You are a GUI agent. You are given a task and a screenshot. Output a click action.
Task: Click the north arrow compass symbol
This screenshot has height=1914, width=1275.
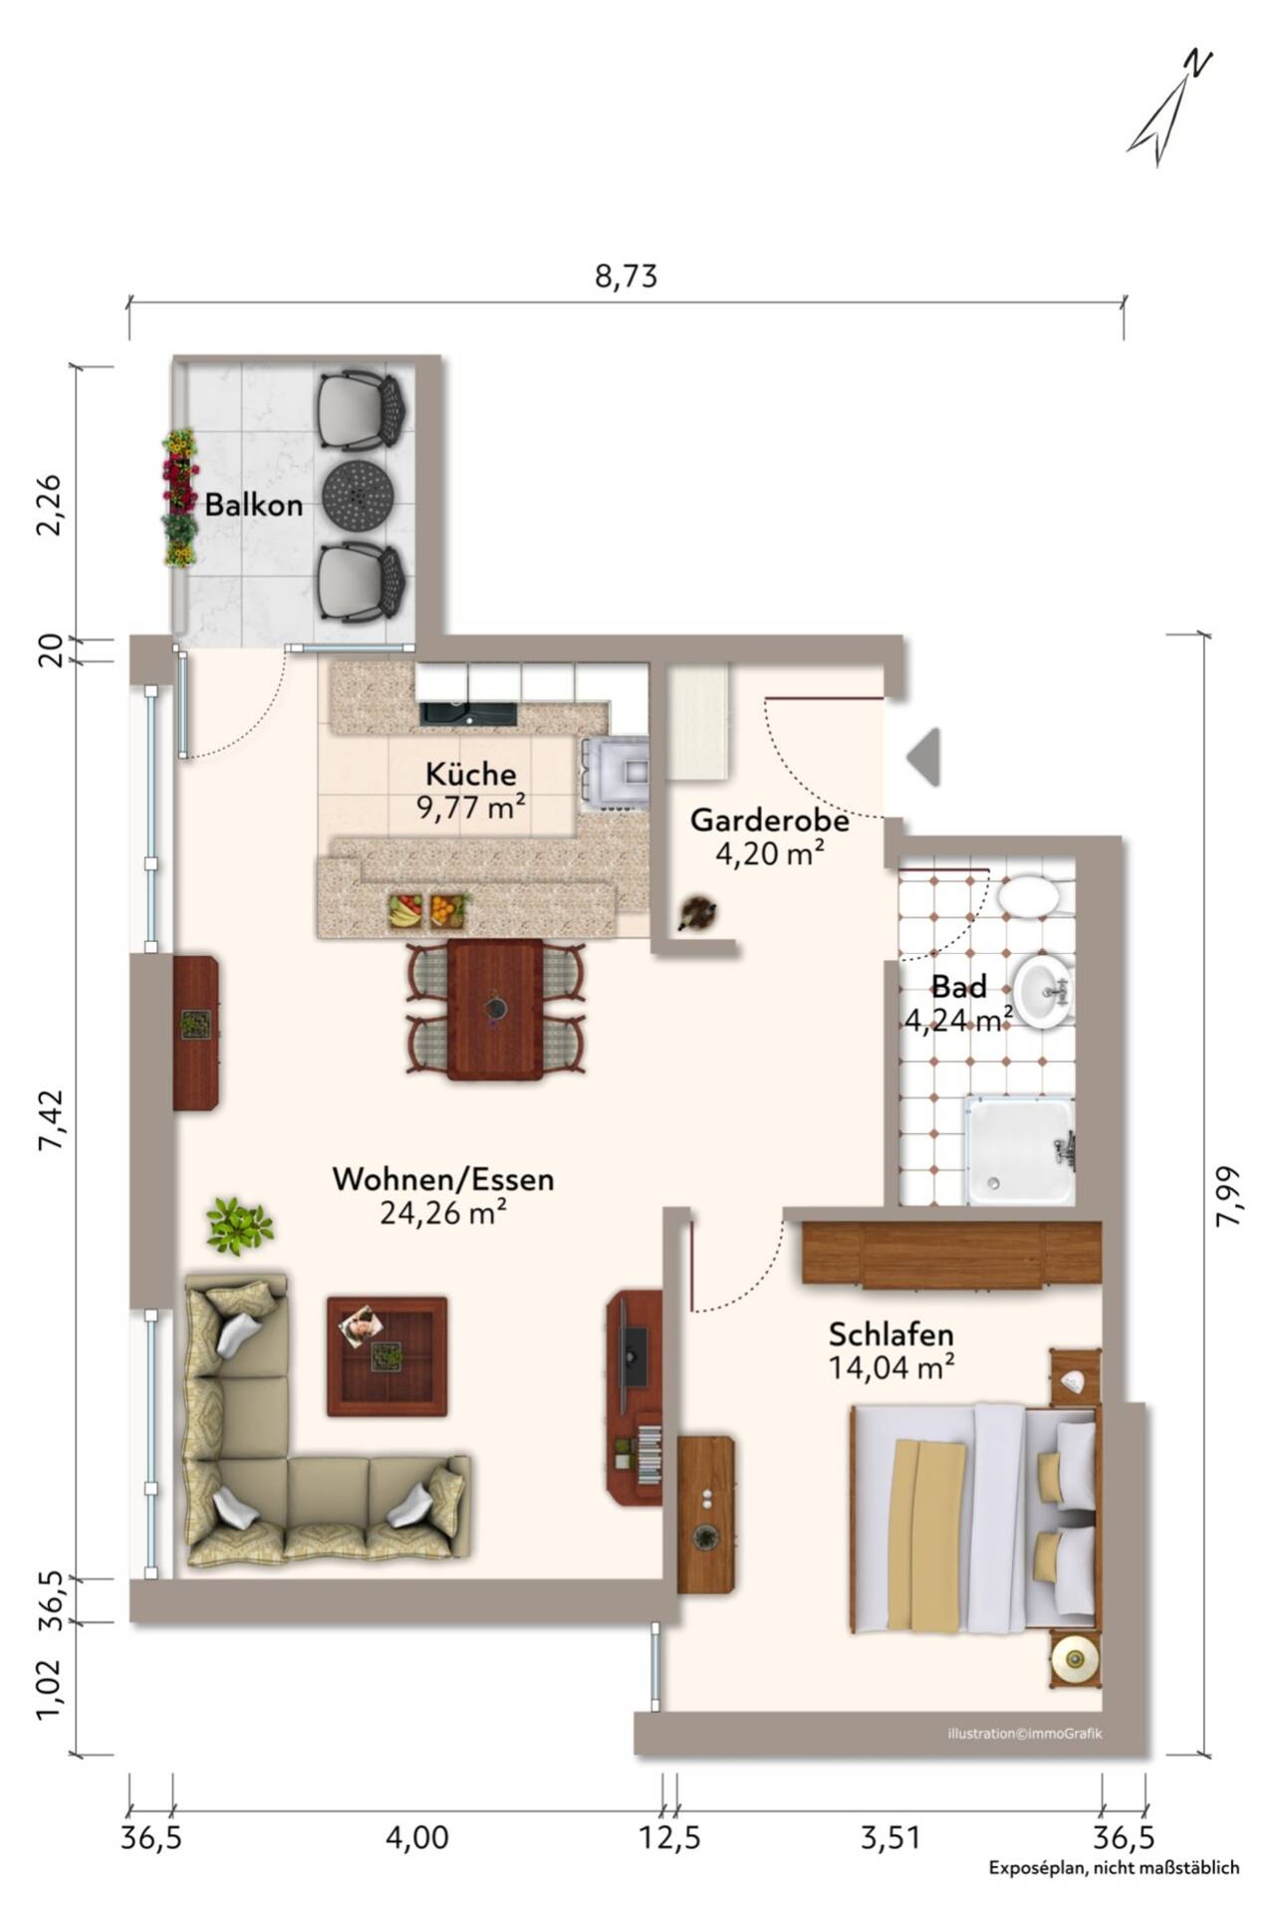[1167, 110]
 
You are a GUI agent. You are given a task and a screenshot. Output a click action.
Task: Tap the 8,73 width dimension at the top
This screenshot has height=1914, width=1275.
[627, 276]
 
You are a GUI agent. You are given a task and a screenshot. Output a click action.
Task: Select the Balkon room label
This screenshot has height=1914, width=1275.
[254, 505]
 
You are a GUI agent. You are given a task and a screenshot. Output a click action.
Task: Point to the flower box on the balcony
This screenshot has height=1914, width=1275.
[179, 498]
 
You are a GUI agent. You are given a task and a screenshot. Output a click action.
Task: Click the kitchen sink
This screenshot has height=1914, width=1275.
[469, 714]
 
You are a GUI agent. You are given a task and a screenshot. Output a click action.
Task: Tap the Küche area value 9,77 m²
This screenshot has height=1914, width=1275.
[471, 807]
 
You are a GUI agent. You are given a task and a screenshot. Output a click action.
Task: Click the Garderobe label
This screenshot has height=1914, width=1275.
[770, 821]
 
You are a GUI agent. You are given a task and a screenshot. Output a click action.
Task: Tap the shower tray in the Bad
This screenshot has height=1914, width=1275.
[1018, 1149]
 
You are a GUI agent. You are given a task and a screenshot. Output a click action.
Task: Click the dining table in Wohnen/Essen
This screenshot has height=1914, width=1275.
[495, 1009]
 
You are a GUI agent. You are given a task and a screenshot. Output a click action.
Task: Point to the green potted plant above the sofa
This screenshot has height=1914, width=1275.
[239, 1225]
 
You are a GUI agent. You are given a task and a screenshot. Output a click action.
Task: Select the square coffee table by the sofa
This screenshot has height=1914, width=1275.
[386, 1355]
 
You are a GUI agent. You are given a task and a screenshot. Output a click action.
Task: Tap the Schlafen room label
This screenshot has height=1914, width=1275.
[892, 1333]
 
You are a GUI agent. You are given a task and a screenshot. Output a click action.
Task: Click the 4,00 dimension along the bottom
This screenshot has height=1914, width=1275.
[416, 1835]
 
